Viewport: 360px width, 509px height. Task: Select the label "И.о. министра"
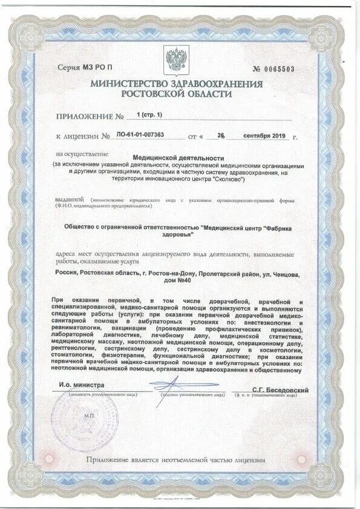(82, 384)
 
